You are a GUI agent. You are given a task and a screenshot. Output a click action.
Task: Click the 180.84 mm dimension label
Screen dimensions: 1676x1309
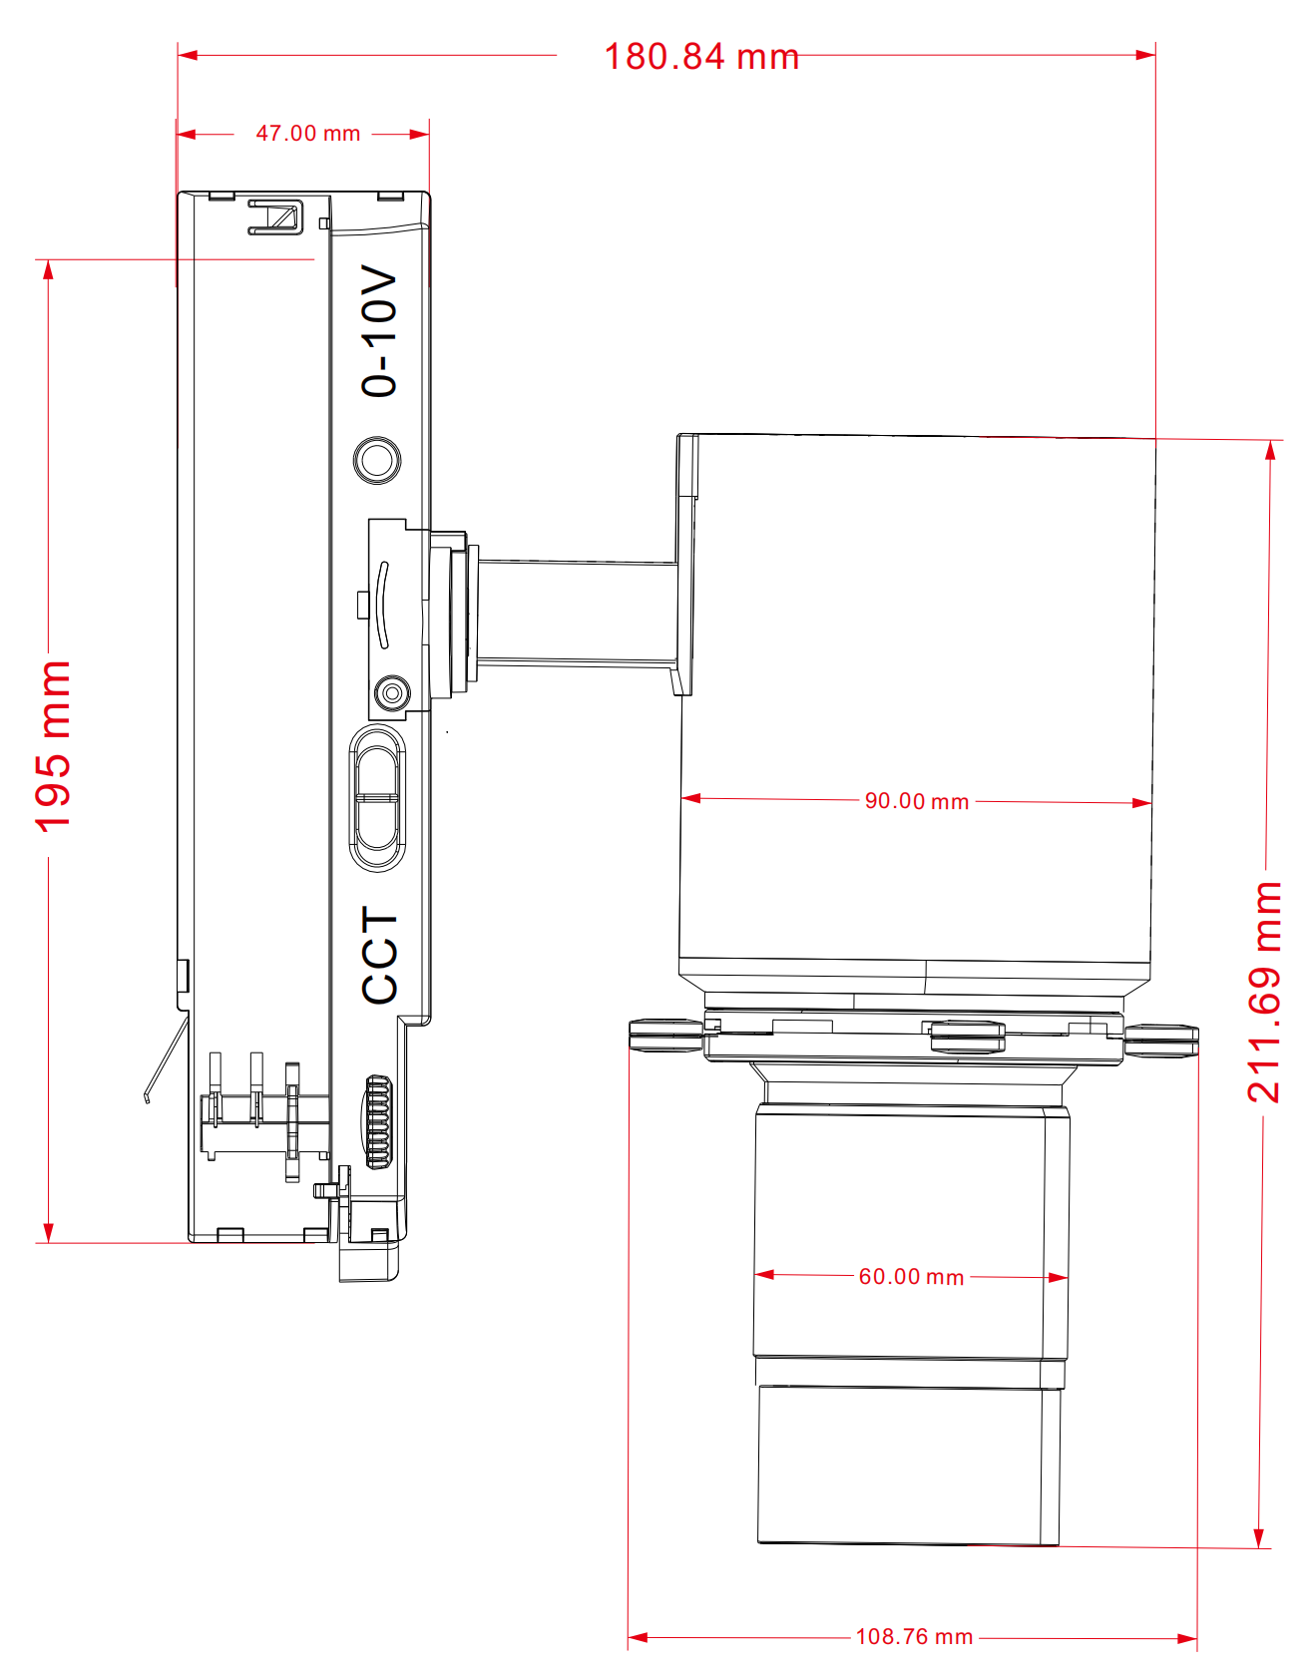701,57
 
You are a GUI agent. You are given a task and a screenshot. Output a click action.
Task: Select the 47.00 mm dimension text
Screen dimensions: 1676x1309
307,134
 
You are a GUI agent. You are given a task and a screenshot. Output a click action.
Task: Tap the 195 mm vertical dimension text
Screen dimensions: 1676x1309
53,745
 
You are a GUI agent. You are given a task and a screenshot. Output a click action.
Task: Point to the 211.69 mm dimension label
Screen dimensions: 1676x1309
1264,992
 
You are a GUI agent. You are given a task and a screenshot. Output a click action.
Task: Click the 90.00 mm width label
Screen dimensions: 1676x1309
916,801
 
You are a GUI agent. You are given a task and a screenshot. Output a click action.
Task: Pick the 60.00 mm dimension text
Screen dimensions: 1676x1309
911,1277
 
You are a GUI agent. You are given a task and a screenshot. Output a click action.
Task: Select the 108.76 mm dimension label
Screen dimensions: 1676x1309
914,1637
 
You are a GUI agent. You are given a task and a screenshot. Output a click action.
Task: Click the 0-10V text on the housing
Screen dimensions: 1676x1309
379,331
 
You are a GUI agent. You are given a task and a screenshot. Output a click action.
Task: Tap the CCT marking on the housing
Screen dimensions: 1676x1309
380,955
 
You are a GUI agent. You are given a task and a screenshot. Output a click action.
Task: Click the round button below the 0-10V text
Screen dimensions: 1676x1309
377,460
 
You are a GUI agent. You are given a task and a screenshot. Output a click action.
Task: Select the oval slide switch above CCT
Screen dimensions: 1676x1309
377,798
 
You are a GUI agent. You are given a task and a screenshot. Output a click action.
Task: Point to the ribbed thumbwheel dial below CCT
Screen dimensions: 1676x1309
378,1122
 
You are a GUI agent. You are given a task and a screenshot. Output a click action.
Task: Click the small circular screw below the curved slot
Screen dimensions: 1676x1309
391,691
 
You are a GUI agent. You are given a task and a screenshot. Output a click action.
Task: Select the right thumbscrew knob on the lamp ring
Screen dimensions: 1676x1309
1161,1039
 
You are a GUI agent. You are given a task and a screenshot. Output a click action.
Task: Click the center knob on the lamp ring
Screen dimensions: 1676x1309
966,1037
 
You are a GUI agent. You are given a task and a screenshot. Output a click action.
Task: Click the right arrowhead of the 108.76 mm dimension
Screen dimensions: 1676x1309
1188,1638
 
